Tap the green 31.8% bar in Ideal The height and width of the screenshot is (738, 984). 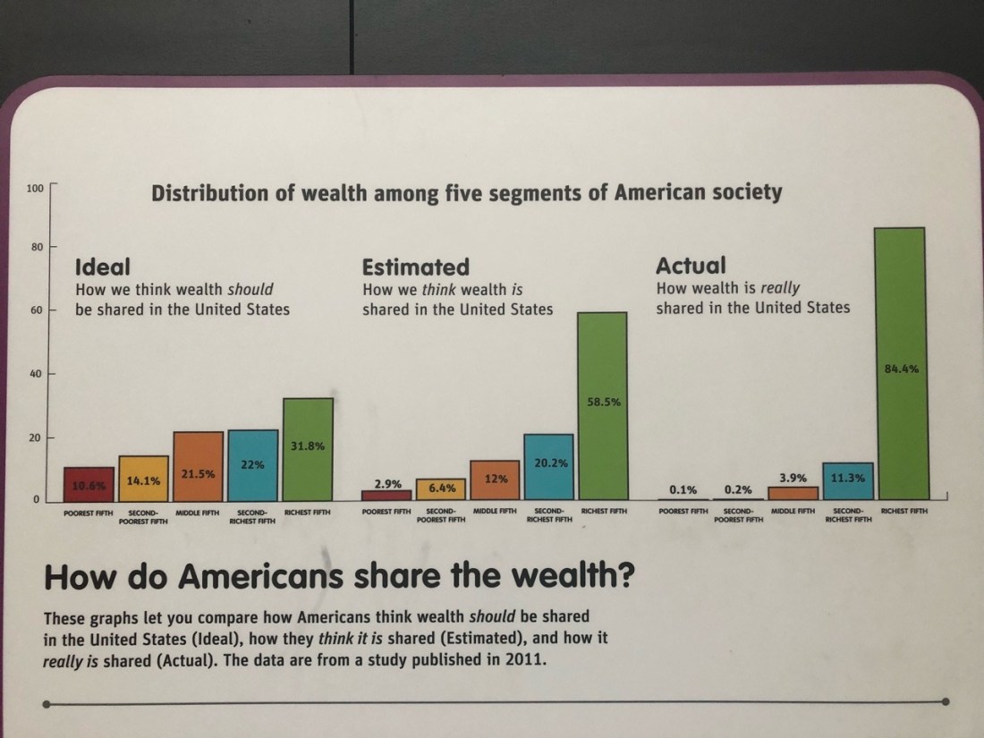(308, 448)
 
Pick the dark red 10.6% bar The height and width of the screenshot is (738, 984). (89, 484)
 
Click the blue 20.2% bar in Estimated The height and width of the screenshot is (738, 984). (548, 467)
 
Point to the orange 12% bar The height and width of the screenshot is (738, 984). (495, 480)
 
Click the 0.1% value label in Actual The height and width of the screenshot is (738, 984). (683, 489)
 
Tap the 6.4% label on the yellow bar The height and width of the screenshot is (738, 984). (442, 488)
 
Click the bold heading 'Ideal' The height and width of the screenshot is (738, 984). (103, 267)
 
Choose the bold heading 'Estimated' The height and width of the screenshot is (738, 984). (415, 267)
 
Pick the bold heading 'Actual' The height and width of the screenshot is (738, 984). (691, 266)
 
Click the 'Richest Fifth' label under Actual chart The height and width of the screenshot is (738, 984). (905, 512)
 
